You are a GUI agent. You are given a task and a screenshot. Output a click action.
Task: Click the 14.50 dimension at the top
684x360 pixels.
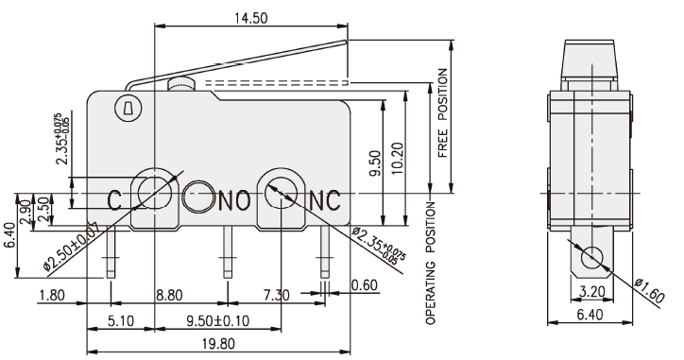(x=250, y=18)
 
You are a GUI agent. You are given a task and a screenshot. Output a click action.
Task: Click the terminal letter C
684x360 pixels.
(x=113, y=199)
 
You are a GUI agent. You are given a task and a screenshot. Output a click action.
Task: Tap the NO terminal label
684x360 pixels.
(x=233, y=199)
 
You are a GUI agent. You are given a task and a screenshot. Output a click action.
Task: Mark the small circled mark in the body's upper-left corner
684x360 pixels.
(x=126, y=110)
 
